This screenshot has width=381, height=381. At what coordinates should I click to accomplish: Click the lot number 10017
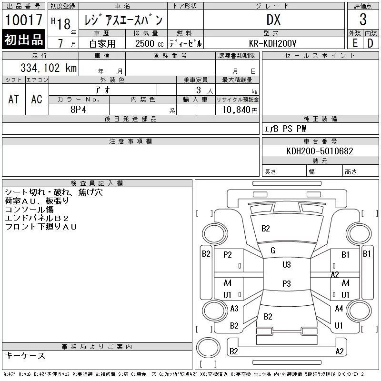[x=23, y=20]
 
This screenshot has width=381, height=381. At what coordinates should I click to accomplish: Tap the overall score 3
[x=363, y=20]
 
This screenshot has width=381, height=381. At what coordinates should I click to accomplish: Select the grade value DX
[x=273, y=20]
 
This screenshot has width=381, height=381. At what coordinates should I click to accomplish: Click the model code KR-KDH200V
[x=272, y=43]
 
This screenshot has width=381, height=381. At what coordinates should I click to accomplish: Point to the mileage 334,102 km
[x=49, y=68]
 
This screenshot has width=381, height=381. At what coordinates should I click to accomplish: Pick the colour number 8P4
[x=78, y=110]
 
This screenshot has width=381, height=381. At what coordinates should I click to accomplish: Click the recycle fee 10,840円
[x=240, y=110]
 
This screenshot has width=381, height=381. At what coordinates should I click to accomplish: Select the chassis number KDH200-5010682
[x=320, y=151]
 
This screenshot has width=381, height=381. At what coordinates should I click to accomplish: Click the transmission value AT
[x=14, y=99]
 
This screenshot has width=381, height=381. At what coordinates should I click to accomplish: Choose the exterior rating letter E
[x=355, y=43]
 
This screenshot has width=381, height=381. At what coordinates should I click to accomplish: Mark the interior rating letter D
[x=371, y=43]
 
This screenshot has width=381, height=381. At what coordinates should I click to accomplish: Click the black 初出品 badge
[x=23, y=40]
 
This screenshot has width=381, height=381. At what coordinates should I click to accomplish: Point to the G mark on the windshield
[x=273, y=251]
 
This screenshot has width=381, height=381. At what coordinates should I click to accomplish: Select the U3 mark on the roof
[x=287, y=264]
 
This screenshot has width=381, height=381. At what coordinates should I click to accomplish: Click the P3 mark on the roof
[x=287, y=283]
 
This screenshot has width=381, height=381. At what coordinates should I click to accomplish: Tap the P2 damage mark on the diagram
[x=228, y=255]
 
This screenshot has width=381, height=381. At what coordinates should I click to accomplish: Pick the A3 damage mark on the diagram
[x=234, y=309]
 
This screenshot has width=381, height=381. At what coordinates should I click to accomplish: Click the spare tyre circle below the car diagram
[x=208, y=348]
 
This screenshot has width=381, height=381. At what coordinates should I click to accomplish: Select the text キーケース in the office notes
[x=25, y=355]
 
